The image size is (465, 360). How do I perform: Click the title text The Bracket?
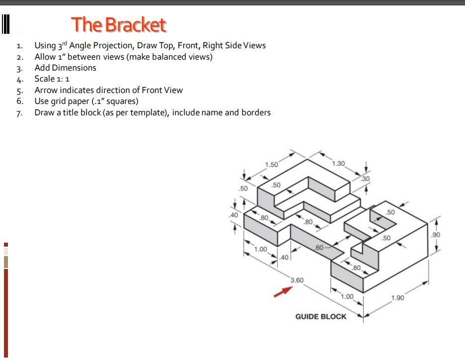click(118, 24)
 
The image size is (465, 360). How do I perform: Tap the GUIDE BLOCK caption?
click(320, 317)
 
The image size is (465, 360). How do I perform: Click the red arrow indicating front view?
click(281, 292)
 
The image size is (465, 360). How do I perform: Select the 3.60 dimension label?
click(297, 280)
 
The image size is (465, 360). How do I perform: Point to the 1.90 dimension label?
click(397, 298)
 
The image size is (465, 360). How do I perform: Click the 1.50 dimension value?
click(272, 165)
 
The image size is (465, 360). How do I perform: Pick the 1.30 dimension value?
click(338, 163)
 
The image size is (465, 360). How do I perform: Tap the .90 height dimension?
click(436, 234)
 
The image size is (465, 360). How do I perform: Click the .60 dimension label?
click(319, 247)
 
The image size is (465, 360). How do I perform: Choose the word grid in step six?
click(59, 101)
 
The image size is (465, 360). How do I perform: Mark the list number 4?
click(19, 80)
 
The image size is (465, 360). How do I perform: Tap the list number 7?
click(19, 113)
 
